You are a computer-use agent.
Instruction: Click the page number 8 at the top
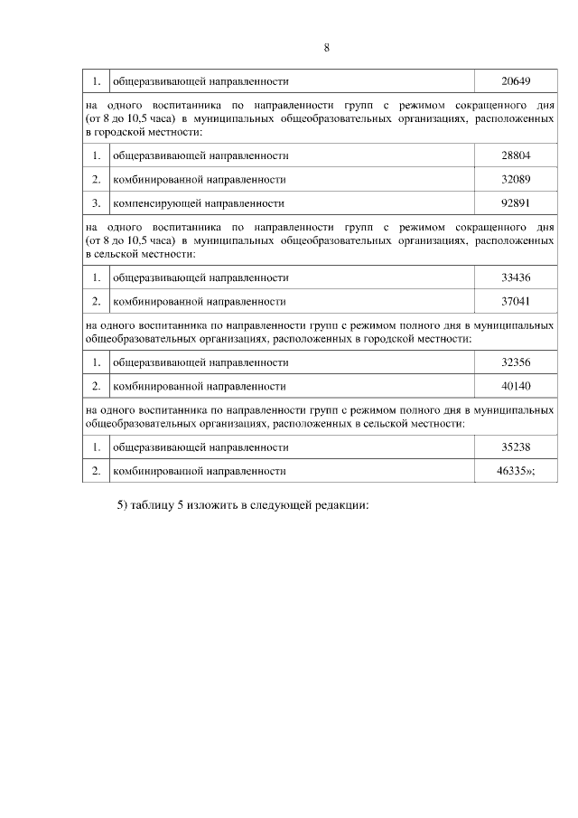(326, 48)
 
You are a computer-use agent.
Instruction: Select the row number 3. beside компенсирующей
(96, 203)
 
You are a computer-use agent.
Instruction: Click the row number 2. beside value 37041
(96, 301)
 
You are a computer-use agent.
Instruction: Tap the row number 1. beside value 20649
(96, 81)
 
